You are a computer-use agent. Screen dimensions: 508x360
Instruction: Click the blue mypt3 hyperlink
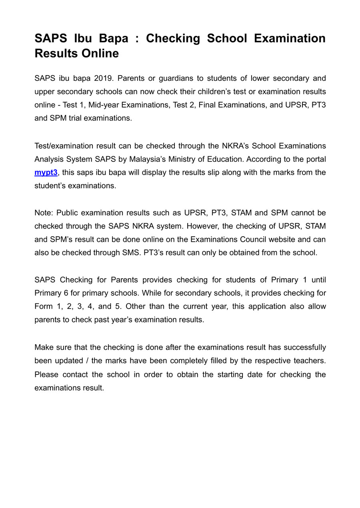(46, 173)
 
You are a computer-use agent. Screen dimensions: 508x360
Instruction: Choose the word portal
(315, 159)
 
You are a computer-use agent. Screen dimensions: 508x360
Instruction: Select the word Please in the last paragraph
(46, 375)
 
